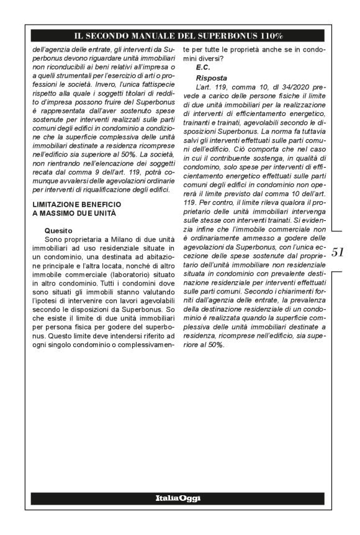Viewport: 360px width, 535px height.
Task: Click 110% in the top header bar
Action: [x=268, y=36]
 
